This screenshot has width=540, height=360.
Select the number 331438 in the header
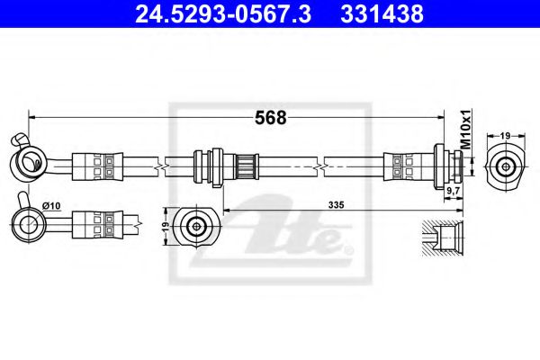pyautogui.click(x=379, y=13)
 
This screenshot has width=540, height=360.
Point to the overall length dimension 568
pyautogui.click(x=271, y=117)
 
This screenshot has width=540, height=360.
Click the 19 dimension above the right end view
pyautogui.click(x=506, y=134)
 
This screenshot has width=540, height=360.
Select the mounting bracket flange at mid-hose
pyautogui.click(x=211, y=166)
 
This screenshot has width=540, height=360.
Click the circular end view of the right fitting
pyautogui.click(x=506, y=166)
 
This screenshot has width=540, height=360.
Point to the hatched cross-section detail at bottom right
pyautogui.click(x=445, y=238)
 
